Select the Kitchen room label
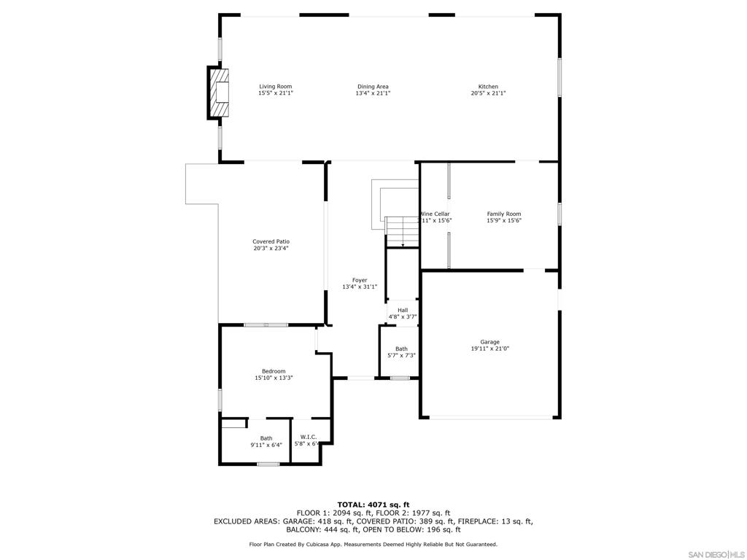pos(488,87)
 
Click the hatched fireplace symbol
pos(219,92)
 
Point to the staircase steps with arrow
pos(401,232)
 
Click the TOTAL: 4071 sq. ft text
pos(373,505)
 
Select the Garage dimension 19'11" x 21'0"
pos(489,349)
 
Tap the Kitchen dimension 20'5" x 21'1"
pos(488,93)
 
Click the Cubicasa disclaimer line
pos(373,544)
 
